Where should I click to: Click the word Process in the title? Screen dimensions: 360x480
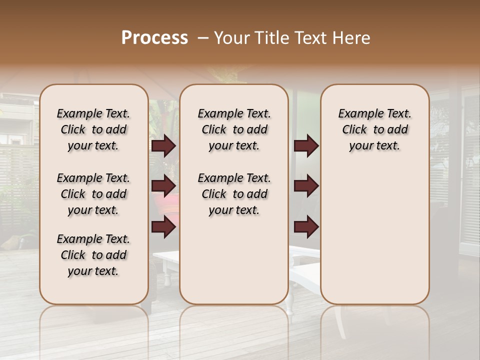click(154, 38)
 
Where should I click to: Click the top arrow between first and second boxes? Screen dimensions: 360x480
click(163, 146)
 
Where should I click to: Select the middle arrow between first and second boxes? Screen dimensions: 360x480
click(163, 186)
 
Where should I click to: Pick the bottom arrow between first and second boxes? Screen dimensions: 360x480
click(163, 227)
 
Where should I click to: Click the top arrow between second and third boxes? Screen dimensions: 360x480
click(306, 146)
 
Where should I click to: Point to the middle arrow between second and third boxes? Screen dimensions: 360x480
click(306, 186)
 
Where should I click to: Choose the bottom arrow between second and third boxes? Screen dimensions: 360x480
click(306, 227)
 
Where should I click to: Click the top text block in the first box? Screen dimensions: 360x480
click(93, 129)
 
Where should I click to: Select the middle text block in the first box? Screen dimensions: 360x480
click(93, 194)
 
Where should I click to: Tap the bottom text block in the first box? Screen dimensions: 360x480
click(93, 255)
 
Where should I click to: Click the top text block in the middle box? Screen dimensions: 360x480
click(234, 129)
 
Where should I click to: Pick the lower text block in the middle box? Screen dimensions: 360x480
click(234, 194)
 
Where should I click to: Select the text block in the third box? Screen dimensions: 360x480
click(374, 129)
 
